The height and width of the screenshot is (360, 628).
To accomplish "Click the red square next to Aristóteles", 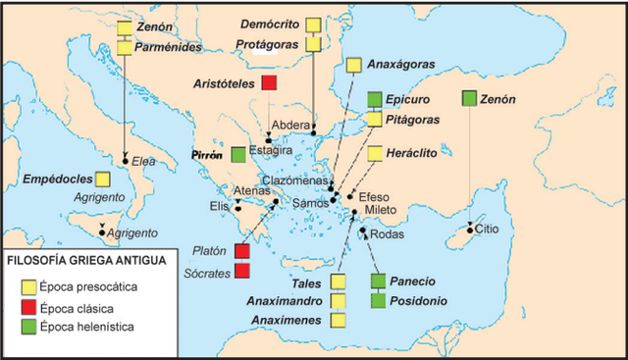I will click(x=268, y=83).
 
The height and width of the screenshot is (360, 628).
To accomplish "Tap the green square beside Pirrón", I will click(x=238, y=155).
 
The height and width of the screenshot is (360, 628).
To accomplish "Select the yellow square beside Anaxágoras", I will click(x=353, y=65).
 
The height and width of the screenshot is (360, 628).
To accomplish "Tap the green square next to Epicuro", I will click(x=374, y=99).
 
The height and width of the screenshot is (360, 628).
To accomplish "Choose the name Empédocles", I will click(x=49, y=179).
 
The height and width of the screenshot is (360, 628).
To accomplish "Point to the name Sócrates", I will click(x=204, y=271).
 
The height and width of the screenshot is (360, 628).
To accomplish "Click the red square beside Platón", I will click(x=241, y=252).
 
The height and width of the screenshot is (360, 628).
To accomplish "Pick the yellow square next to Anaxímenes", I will click(x=339, y=320).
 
